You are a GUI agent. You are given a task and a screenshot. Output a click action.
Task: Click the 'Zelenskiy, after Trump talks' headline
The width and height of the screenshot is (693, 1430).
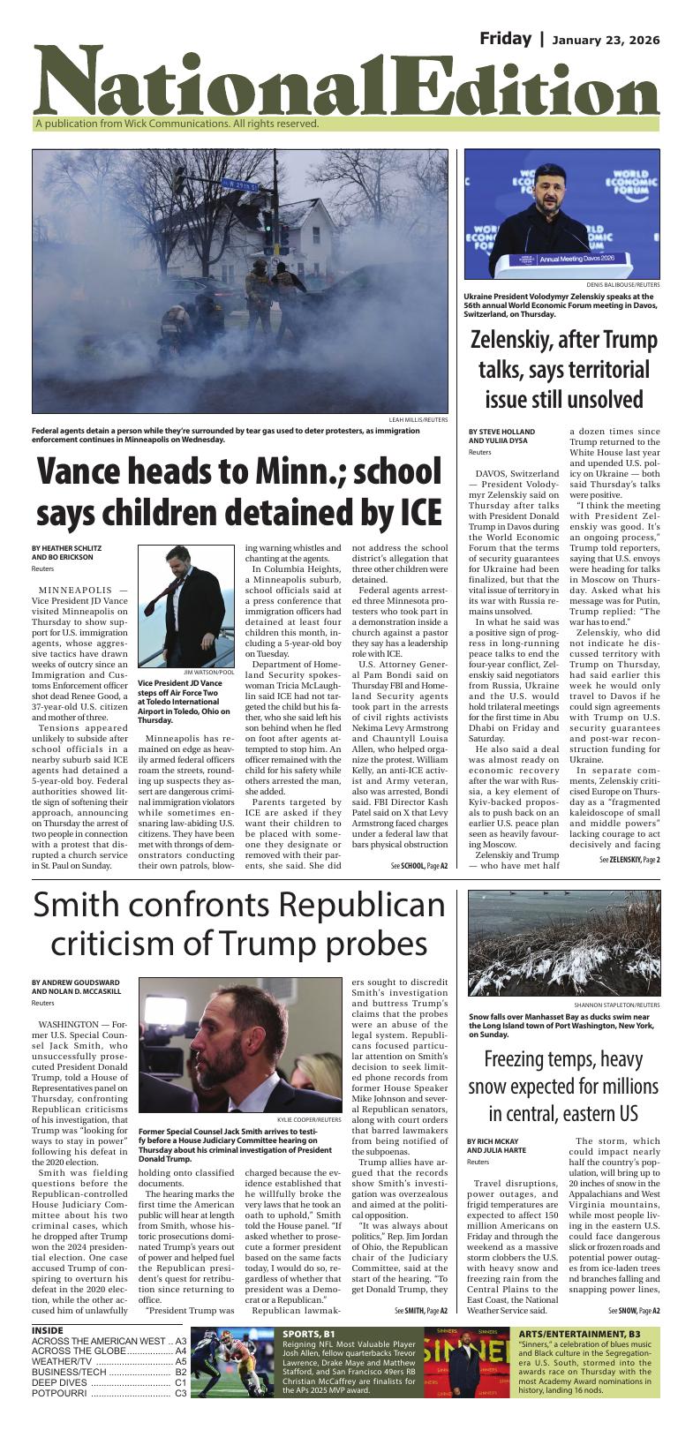(564, 369)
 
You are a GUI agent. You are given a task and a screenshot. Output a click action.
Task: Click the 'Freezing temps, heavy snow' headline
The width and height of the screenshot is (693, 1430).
(563, 1085)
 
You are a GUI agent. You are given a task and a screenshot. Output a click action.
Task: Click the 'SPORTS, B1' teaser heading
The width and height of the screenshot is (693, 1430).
(309, 1333)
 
